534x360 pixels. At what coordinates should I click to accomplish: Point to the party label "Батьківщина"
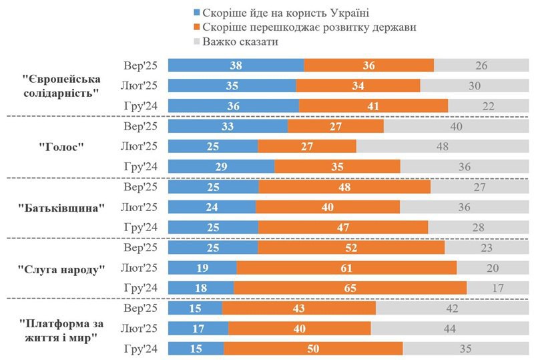tap(61, 207)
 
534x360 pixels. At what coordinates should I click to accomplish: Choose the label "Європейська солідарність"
tap(61, 85)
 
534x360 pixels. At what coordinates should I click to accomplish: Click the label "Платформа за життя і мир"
tap(61, 329)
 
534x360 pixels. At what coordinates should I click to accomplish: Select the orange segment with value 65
tap(350, 288)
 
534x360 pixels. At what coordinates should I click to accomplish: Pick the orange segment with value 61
tap(346, 268)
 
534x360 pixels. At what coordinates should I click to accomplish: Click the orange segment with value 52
tap(350, 247)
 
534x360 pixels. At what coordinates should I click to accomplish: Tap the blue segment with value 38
tap(236, 65)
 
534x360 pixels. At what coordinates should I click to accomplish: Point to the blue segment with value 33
tap(228, 126)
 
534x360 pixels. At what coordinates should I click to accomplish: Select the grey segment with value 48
tap(441, 146)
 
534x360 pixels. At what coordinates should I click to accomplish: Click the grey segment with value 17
tap(497, 288)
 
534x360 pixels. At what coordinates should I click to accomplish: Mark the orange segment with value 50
tap(313, 349)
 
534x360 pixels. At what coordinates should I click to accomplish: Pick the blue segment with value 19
tap(202, 268)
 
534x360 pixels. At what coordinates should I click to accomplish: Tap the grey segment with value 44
tap(449, 329)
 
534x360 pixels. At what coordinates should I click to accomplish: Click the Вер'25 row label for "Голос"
tap(141, 126)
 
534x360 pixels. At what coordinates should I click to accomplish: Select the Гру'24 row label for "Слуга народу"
tap(141, 288)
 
